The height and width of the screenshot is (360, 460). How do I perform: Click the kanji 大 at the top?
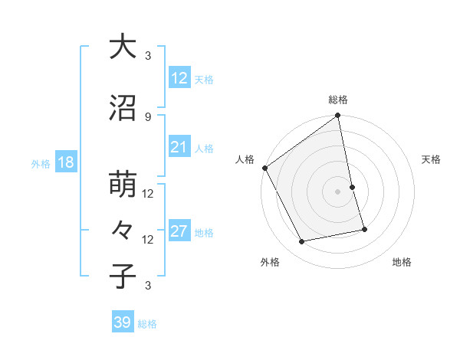pos(123,47)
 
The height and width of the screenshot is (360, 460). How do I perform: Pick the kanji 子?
pos(123,276)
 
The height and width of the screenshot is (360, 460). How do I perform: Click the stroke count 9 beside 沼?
pos(148,116)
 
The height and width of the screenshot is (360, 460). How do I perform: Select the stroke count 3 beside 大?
pos(148,55)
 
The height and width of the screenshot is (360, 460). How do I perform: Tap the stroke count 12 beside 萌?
pos(148,193)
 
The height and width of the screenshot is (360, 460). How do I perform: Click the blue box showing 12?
pos(179,78)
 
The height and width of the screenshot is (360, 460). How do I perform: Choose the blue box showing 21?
pos(179,147)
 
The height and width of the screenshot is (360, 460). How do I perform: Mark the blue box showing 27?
pos(179,232)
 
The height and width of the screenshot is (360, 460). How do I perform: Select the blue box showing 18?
pos(65,162)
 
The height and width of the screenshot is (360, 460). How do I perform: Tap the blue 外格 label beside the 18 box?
pos(40,163)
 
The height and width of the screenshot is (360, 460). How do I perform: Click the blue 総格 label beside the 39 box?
pos(147,324)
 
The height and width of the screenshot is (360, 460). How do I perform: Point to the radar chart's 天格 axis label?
pos(432,159)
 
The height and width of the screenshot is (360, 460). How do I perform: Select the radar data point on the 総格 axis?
pos(337,116)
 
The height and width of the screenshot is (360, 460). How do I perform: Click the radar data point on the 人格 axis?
pos(265,168)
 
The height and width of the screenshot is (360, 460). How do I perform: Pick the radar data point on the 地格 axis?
pos(364,229)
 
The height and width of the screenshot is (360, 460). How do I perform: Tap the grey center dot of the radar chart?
pos(337,191)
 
